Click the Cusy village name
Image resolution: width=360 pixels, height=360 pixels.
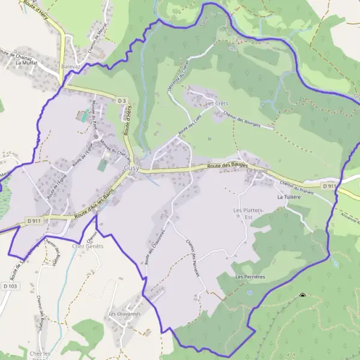tap(131, 169)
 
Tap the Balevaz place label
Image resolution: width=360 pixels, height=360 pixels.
tap(71, 67)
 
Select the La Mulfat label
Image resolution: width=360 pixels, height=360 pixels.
tap(26, 62)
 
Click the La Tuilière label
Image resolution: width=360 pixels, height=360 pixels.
tap(288, 197)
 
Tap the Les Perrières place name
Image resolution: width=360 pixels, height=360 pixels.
tap(250, 277)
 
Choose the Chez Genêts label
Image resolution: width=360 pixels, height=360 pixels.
tap(88, 246)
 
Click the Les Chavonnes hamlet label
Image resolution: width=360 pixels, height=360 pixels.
tap(125, 314)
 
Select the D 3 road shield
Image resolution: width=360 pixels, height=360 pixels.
tap(122, 100)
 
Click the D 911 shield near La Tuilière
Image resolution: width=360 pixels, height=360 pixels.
tap(328, 187)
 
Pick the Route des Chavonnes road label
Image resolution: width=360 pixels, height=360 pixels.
tap(155, 246)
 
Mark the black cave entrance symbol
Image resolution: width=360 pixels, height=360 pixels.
tap(302, 295)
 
